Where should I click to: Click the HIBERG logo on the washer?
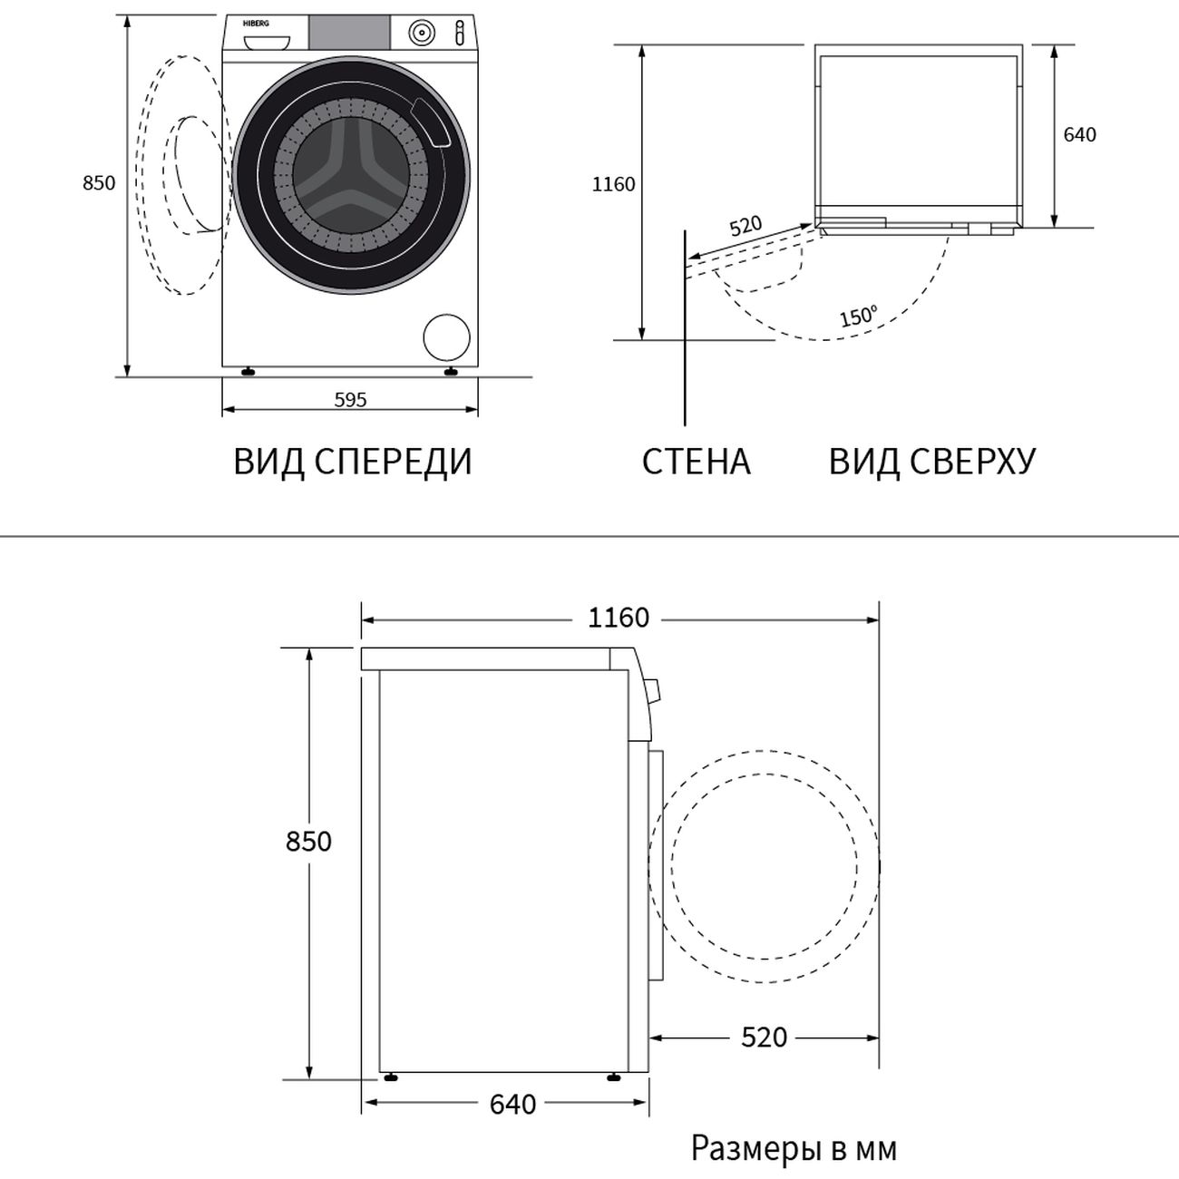[x=257, y=24]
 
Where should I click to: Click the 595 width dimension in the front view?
[x=351, y=400]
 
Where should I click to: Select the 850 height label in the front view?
[x=99, y=183]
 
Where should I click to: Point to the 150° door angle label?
[x=859, y=316]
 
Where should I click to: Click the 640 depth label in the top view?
[x=1080, y=134]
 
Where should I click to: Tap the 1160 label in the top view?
[x=614, y=184]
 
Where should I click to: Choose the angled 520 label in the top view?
[x=746, y=226]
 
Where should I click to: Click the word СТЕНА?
[x=697, y=462]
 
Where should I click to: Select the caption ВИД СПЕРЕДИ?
[x=353, y=462]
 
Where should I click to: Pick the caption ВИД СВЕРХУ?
[x=932, y=462]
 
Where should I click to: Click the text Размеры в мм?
[x=794, y=1148]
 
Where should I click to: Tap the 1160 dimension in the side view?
[x=619, y=618]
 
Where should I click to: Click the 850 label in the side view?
[x=309, y=842]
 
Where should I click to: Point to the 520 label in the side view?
[x=765, y=1037]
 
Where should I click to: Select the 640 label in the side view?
[x=512, y=1105]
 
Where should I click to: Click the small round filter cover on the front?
[x=446, y=337]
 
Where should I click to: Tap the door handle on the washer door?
[x=432, y=123]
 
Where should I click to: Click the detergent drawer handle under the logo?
[x=267, y=43]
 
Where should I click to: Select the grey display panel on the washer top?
[x=349, y=33]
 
